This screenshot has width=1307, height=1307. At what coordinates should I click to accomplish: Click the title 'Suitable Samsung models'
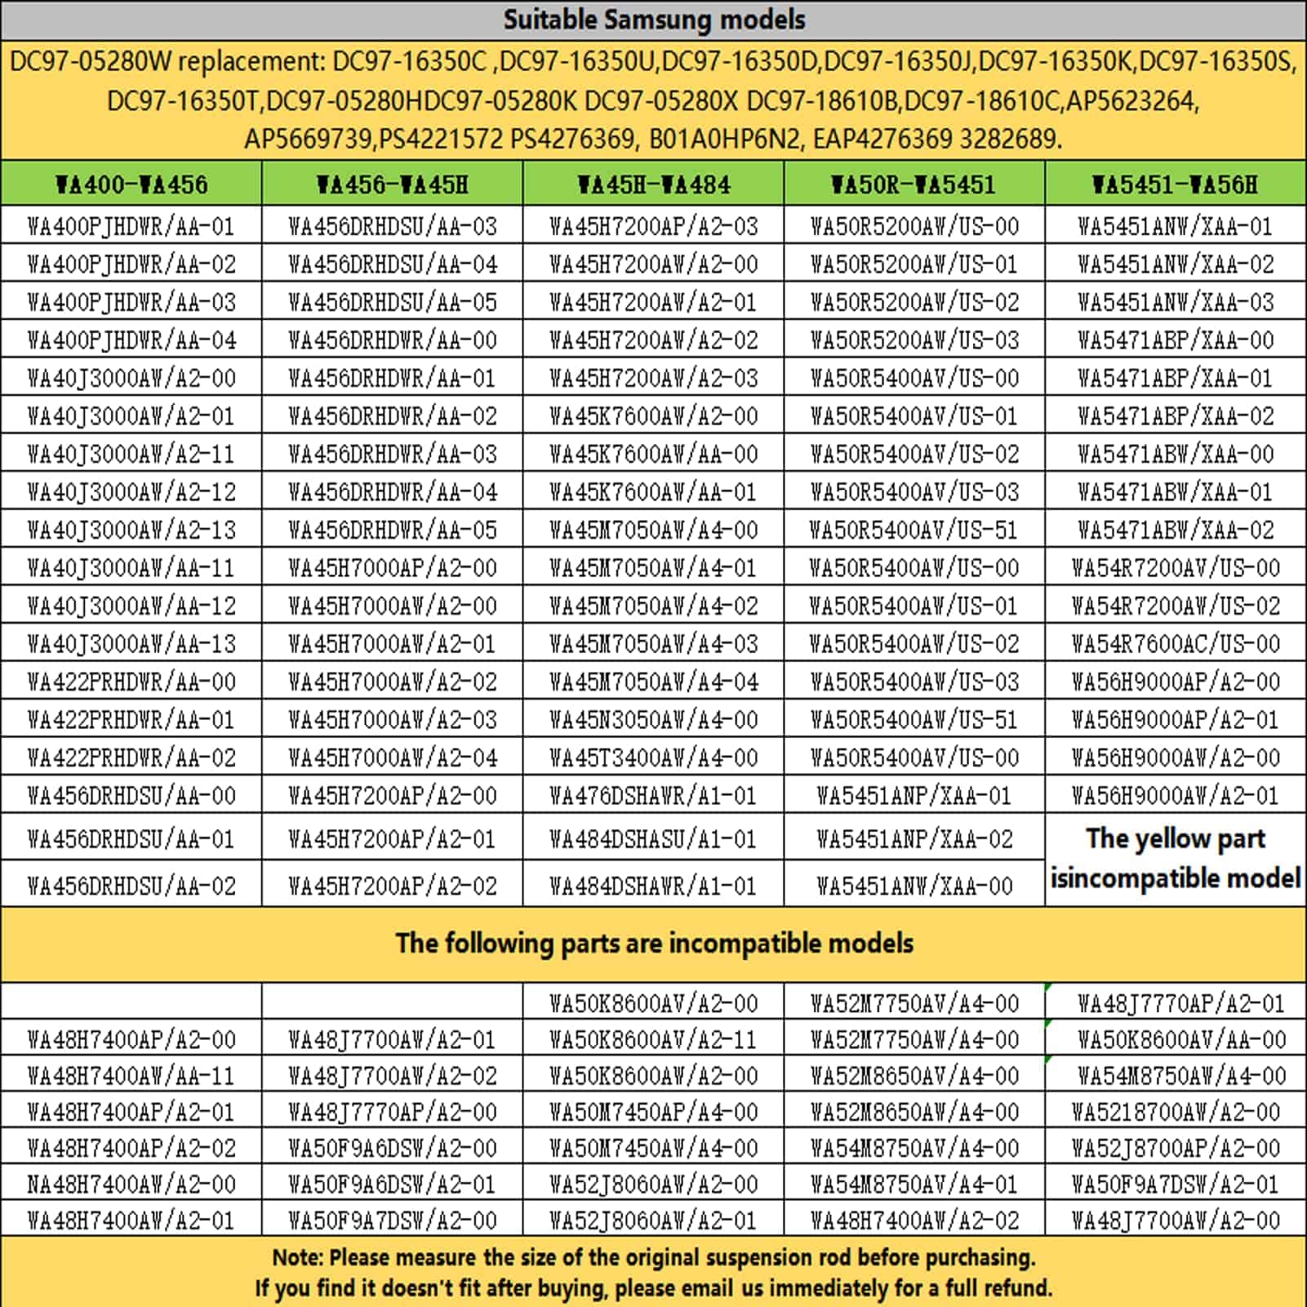pyautogui.click(x=653, y=20)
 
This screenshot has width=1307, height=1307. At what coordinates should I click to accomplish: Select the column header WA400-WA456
pyautogui.click(x=131, y=184)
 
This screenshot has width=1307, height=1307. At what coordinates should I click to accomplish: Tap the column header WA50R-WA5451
pyautogui.click(x=914, y=184)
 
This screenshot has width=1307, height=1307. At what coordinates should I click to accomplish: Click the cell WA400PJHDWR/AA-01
pyautogui.click(x=131, y=226)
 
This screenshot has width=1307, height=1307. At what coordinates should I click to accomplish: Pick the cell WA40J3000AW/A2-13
pyautogui.click(x=131, y=530)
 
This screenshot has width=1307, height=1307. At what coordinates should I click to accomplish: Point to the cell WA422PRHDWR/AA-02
pyautogui.click(x=131, y=758)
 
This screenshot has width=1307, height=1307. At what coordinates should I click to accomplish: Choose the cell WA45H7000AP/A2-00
pyautogui.click(x=392, y=567)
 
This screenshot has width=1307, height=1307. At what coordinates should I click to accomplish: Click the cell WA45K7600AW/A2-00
pyautogui.click(x=653, y=416)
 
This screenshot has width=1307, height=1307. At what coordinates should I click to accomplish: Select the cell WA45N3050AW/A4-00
pyautogui.click(x=653, y=719)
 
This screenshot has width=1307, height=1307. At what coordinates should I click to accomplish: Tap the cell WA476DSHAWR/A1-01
pyautogui.click(x=653, y=795)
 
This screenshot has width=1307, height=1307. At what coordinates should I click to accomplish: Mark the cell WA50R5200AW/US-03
pyautogui.click(x=914, y=340)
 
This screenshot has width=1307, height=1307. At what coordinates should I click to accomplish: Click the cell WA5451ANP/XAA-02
pyautogui.click(x=914, y=838)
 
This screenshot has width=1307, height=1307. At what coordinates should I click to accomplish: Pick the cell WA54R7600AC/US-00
pyautogui.click(x=1175, y=643)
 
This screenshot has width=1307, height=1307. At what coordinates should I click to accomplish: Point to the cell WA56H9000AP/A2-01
pyautogui.click(x=1175, y=719)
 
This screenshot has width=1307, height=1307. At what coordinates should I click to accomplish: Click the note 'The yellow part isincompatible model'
pyautogui.click(x=1175, y=858)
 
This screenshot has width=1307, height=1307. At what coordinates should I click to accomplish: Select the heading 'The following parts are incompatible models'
pyautogui.click(x=653, y=944)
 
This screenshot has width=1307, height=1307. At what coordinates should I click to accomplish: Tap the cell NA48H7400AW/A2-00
pyautogui.click(x=131, y=1184)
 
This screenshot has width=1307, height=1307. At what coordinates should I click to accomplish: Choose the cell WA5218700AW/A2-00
pyautogui.click(x=1175, y=1112)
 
